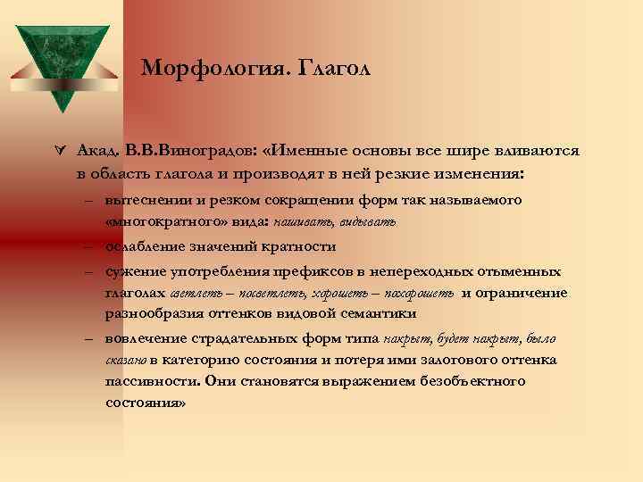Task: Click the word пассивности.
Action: click(x=150, y=381)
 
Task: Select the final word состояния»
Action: click(x=145, y=403)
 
